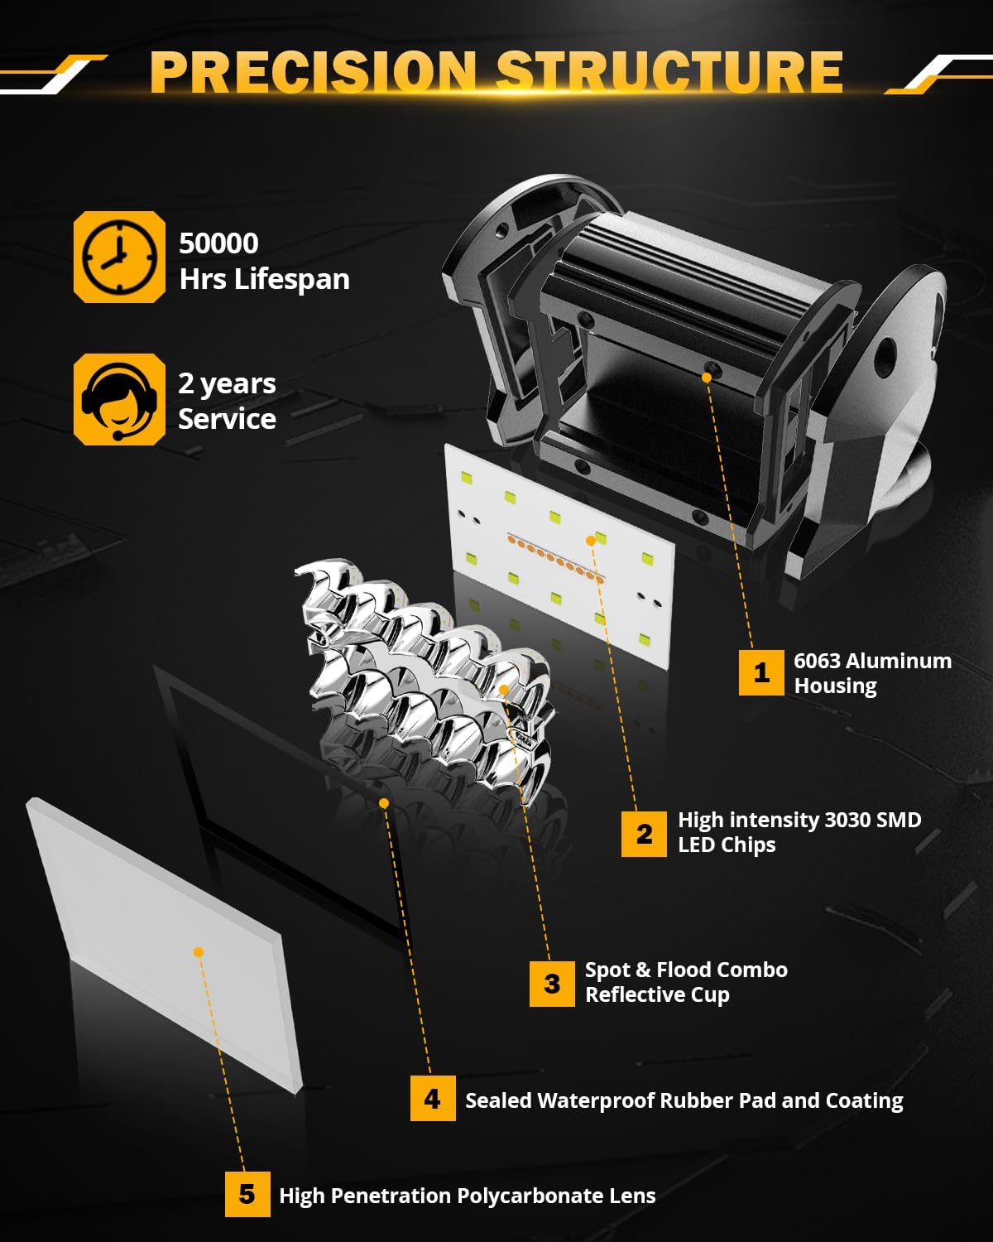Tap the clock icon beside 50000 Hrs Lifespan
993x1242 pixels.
[119, 257]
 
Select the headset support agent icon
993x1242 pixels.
[119, 399]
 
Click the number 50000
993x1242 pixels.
[218, 243]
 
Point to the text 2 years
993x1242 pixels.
[227, 383]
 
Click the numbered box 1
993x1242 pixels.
[760, 672]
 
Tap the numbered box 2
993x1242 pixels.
[644, 833]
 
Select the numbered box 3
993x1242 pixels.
[552, 984]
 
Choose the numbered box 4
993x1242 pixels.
[432, 1099]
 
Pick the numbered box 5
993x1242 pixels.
[247, 1194]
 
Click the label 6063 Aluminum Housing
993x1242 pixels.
[871, 673]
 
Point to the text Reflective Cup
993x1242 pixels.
[657, 994]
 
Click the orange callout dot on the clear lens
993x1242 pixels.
[198, 952]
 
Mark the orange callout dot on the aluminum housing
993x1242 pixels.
[706, 377]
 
